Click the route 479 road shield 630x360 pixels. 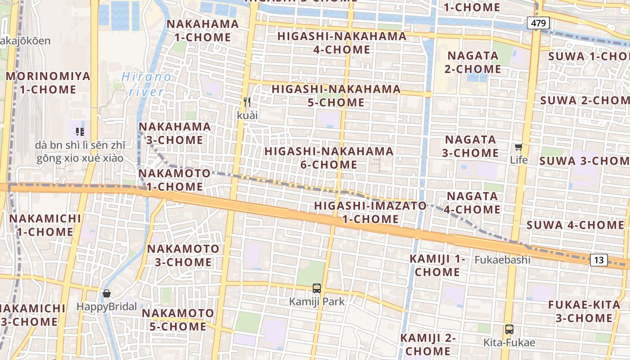click(538, 23)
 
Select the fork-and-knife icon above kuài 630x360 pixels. click(247, 102)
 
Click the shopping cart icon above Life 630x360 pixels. click(519, 147)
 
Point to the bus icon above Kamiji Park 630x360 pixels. click(317, 288)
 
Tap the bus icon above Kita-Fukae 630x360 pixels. click(509, 329)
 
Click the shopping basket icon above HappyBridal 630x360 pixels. click(107, 294)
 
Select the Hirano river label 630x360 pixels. click(147, 84)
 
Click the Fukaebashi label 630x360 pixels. click(503, 260)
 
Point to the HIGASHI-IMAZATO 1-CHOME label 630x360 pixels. click(370, 212)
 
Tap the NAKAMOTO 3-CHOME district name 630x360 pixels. click(183, 255)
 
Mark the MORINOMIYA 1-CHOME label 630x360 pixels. click(48, 83)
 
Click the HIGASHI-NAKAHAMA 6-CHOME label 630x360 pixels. click(329, 157)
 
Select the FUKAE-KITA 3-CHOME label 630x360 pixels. click(584, 311)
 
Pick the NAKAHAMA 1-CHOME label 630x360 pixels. click(202, 31)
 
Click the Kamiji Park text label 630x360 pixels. click(317, 301)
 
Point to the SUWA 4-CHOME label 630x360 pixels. click(575, 225)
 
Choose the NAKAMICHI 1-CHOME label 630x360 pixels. click(45, 225)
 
